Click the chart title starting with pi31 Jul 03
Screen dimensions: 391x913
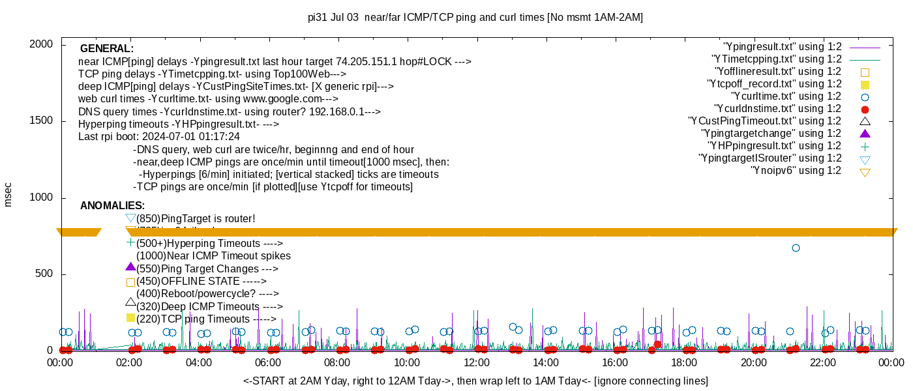point(475,18)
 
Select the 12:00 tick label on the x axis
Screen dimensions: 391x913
point(476,363)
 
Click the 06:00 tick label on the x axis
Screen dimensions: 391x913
point(268,363)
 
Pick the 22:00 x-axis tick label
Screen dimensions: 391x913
point(823,363)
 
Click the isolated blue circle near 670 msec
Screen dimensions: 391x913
point(796,248)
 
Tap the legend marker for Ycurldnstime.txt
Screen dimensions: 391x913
point(865,109)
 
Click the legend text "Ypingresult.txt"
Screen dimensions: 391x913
point(783,47)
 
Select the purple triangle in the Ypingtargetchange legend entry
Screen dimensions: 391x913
point(865,134)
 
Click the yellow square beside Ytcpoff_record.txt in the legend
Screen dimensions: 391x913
point(865,84)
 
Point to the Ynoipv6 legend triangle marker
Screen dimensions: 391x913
point(865,172)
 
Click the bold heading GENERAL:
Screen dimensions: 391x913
point(107,49)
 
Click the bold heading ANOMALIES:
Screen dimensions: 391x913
point(112,206)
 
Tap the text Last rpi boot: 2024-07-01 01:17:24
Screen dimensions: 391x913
point(159,137)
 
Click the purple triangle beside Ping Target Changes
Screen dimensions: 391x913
point(130,267)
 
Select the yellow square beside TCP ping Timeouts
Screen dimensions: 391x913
point(130,318)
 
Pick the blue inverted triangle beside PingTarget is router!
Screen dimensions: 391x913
point(130,218)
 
